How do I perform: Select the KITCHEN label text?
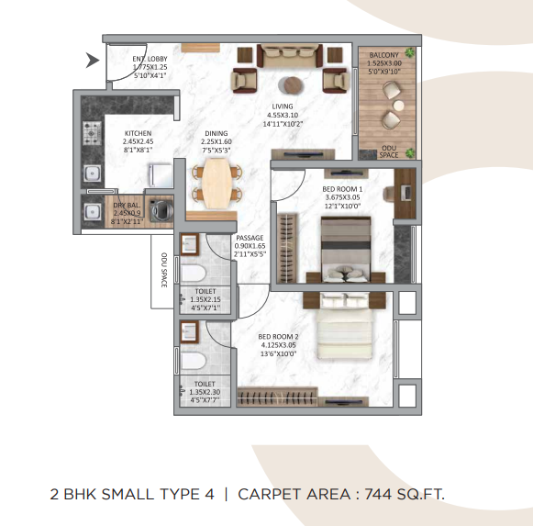[138, 134]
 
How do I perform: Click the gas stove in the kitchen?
[94, 137]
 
